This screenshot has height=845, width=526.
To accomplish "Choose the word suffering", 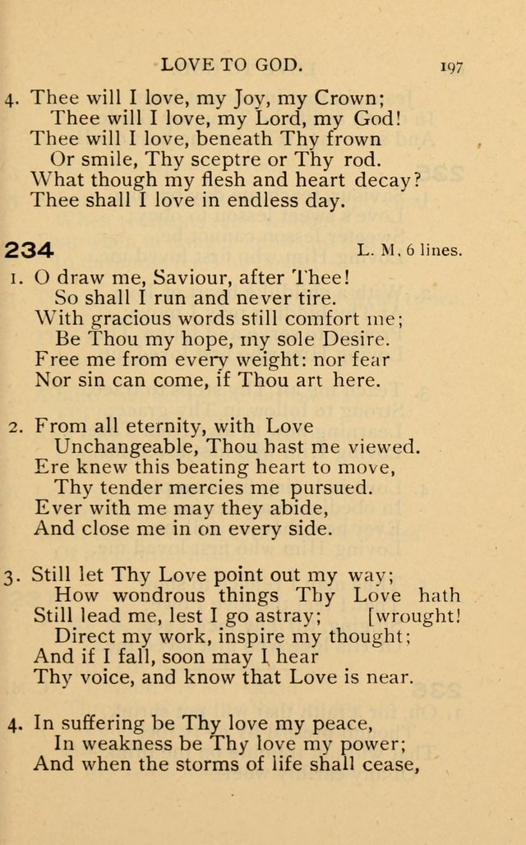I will click(109, 724).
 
